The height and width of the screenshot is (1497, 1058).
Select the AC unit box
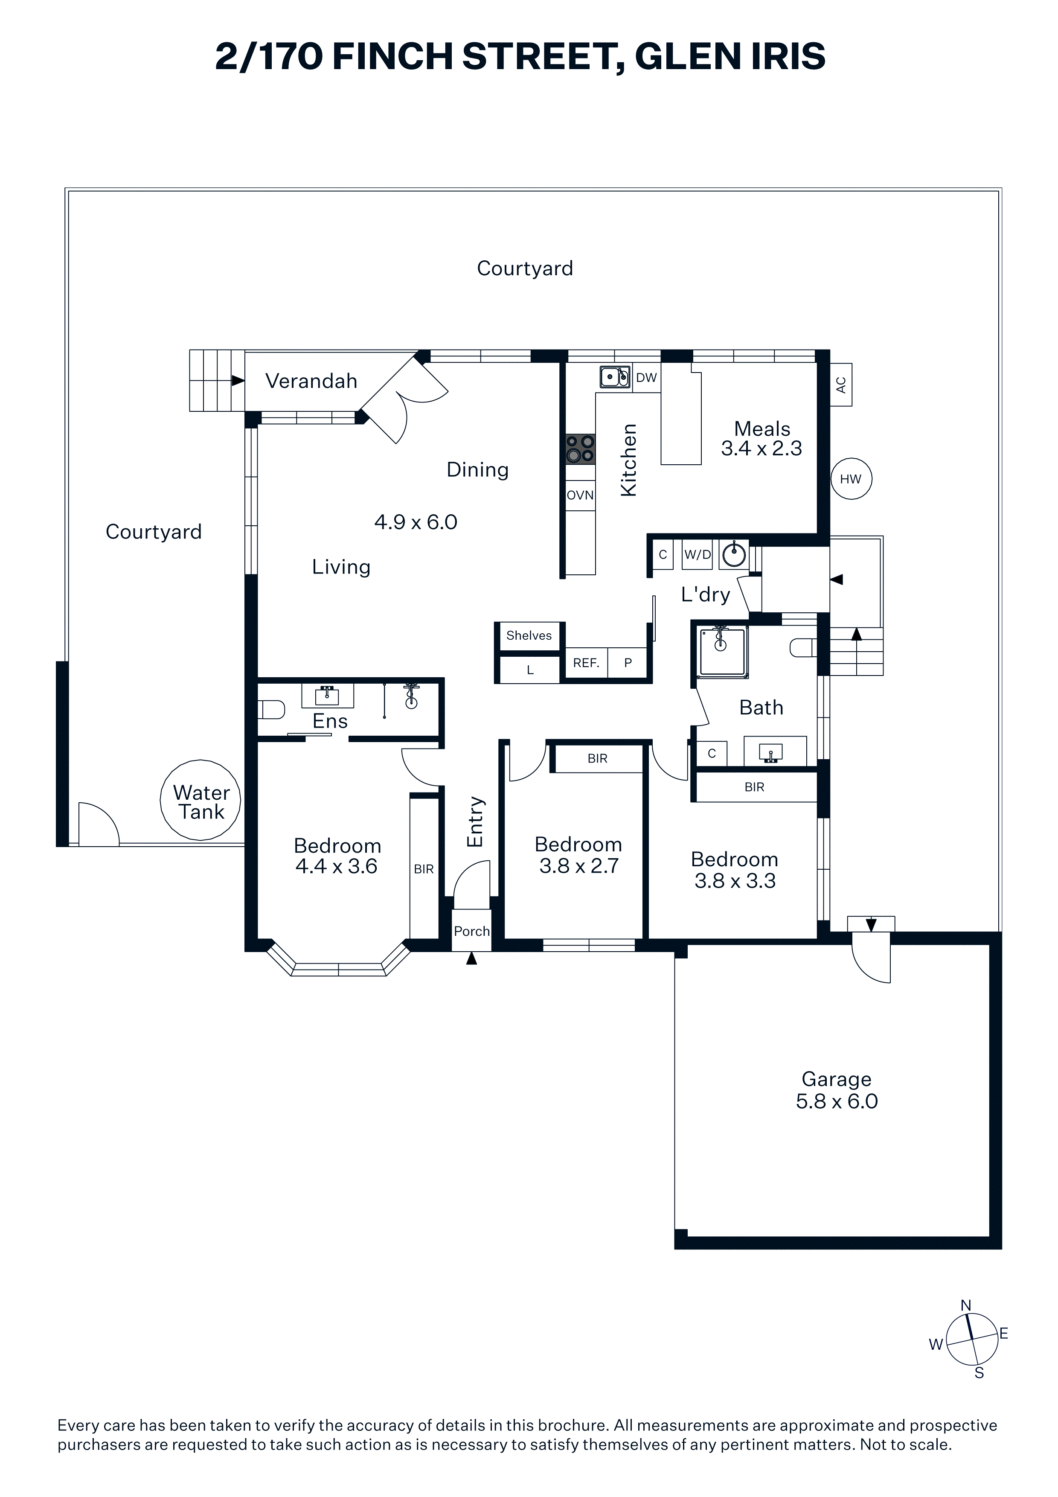(x=841, y=384)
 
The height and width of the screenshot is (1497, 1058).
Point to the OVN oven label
(x=580, y=495)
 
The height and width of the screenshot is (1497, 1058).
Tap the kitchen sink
(x=615, y=377)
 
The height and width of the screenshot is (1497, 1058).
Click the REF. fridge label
(x=586, y=663)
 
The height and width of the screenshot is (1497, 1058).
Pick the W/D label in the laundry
(x=698, y=555)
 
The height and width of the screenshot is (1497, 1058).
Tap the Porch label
(x=471, y=931)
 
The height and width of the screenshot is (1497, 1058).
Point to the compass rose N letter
(x=966, y=1305)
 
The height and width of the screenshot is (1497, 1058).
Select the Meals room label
(x=762, y=428)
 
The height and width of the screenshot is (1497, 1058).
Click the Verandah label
(x=311, y=381)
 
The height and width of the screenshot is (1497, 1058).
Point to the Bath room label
(x=762, y=708)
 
